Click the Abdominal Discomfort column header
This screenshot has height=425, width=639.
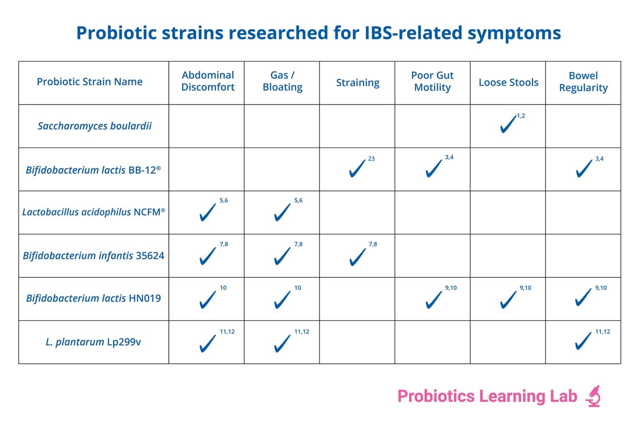click(208, 81)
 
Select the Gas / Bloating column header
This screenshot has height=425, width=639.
click(282, 81)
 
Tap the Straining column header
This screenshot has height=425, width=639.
click(358, 83)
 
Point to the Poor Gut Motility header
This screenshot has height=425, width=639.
click(432, 82)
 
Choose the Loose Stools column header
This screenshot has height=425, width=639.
click(508, 83)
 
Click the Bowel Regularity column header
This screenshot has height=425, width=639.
click(583, 82)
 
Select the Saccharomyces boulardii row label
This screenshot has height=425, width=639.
click(95, 126)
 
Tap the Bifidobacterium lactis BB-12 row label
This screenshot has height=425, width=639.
click(93, 170)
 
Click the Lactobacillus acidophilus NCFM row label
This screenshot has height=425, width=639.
click(94, 212)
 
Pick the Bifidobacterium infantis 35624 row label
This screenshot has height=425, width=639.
click(94, 256)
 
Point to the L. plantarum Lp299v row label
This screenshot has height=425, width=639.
click(93, 342)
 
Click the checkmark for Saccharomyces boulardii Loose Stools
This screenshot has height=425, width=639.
click(508, 124)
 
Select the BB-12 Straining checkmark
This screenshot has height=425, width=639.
click(357, 168)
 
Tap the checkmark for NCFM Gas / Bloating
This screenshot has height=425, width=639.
click(282, 212)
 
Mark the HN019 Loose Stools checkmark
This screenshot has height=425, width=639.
click(508, 299)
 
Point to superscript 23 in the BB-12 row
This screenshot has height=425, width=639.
click(371, 159)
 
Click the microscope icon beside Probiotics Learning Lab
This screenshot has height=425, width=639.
click(593, 396)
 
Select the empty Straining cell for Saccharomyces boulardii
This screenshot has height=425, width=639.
click(357, 126)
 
